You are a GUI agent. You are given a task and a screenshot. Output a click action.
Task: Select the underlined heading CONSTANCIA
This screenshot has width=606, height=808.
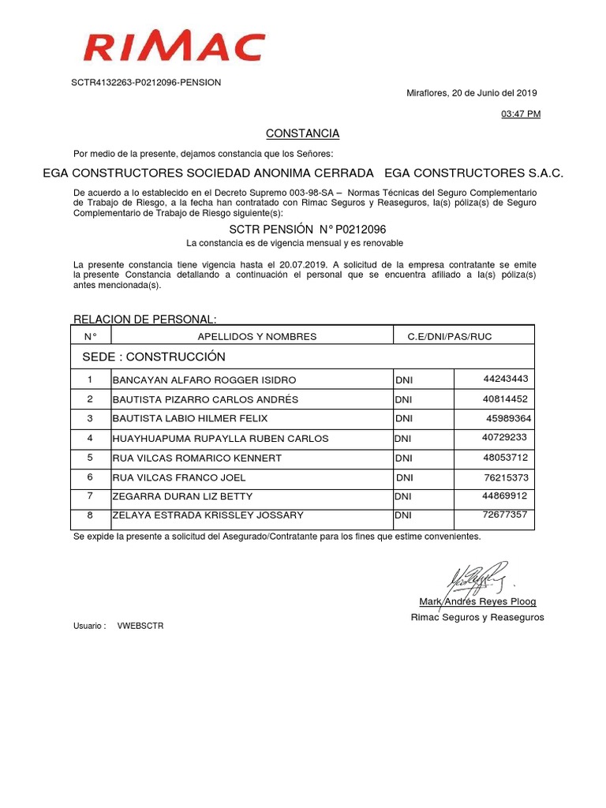[x=302, y=133]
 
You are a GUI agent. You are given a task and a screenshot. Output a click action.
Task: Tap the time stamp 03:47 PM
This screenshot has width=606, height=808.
[x=521, y=114]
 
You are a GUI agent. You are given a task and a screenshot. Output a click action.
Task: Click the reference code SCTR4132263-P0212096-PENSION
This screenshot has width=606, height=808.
[x=146, y=82]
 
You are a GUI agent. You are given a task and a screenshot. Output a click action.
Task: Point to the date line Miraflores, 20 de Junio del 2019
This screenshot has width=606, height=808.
[x=471, y=92]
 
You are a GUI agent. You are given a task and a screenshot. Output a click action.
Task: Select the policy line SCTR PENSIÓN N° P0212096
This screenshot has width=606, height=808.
[x=302, y=229]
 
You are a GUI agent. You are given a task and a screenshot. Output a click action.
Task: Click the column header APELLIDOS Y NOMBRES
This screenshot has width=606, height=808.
[x=256, y=337]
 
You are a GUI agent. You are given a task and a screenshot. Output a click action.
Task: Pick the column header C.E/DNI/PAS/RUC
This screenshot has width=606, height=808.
[x=449, y=337]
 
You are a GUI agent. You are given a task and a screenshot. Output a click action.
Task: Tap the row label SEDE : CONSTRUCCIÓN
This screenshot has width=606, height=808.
[x=154, y=357]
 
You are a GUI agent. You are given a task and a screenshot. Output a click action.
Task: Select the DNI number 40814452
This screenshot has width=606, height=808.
[x=506, y=399]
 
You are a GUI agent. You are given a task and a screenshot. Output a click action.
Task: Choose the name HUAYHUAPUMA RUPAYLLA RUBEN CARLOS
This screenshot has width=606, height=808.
[x=221, y=439]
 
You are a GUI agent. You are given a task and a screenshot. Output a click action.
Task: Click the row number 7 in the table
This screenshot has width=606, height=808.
[x=90, y=496]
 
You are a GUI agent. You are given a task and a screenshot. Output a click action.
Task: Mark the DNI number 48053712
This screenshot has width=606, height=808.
[x=506, y=458]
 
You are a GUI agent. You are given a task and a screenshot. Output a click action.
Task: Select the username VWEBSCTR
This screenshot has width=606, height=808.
[x=140, y=626]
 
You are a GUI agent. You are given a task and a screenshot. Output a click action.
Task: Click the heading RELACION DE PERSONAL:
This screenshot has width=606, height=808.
[x=144, y=319]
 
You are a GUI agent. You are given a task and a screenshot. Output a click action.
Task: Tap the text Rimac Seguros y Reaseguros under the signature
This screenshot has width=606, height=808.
[x=477, y=617]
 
